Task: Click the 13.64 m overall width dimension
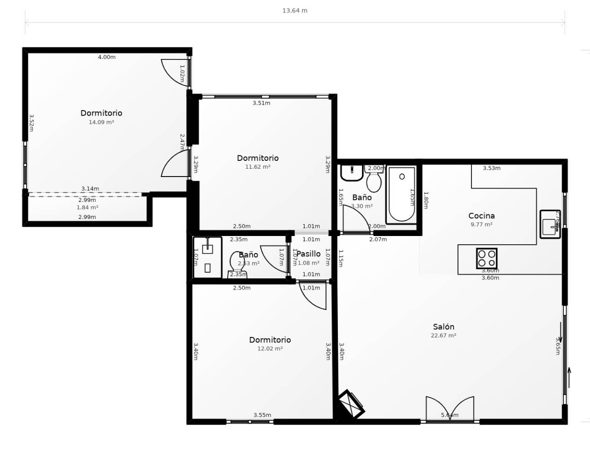(x=295, y=11)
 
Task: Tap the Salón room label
(x=443, y=327)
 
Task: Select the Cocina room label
(x=481, y=216)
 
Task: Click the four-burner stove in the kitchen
(x=486, y=258)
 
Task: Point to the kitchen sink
(x=549, y=224)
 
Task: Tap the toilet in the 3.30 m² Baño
(x=374, y=180)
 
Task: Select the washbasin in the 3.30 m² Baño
(x=352, y=173)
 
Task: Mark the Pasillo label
(x=308, y=254)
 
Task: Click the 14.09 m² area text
(x=101, y=123)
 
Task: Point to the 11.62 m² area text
(x=258, y=167)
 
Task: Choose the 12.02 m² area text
(x=270, y=349)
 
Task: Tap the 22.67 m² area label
(x=443, y=336)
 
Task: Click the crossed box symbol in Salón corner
(x=351, y=404)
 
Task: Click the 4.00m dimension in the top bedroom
(x=106, y=57)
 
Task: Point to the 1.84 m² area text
(x=87, y=208)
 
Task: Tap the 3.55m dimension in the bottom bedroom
(x=262, y=415)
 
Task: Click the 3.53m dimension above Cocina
(x=491, y=168)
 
